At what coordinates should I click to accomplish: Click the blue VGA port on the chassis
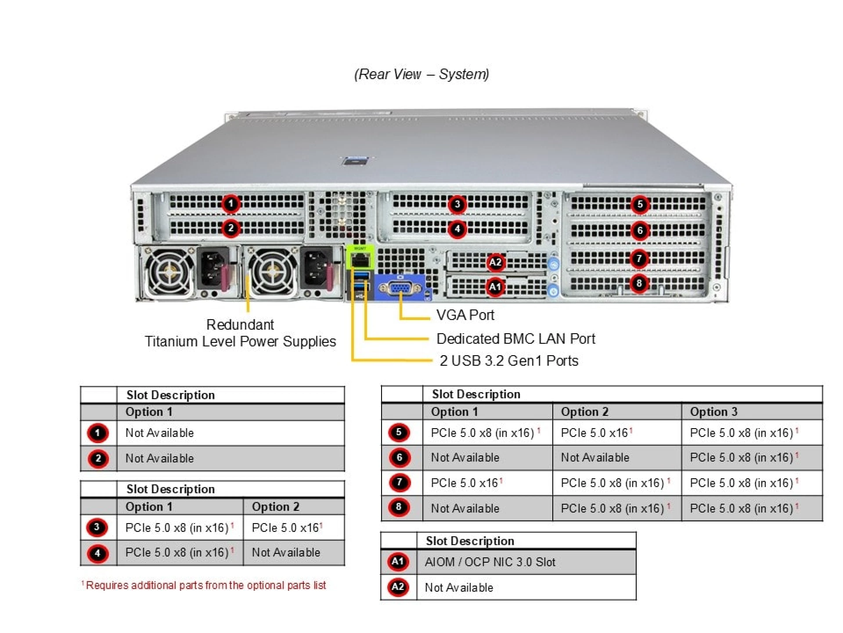coord(400,288)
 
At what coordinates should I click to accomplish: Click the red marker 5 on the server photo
coord(640,204)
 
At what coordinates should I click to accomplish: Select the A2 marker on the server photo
coord(495,262)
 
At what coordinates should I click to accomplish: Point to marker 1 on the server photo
coord(231,204)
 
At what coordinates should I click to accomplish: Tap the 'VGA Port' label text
coord(465,315)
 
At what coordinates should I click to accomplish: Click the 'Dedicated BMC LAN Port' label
coord(515,339)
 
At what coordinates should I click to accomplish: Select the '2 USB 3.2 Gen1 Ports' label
coord(509,361)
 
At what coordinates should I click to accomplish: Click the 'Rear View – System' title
coord(421,74)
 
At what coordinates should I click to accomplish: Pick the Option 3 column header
coord(713,412)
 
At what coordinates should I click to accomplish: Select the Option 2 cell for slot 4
coord(286,553)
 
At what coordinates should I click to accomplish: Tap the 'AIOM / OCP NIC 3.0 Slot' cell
coord(490,562)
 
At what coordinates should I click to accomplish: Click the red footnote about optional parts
coord(204,586)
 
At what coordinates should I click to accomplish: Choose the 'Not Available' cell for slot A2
coord(459,588)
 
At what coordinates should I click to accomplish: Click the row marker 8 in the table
coord(399,507)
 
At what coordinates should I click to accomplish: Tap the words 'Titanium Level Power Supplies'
coord(240,342)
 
